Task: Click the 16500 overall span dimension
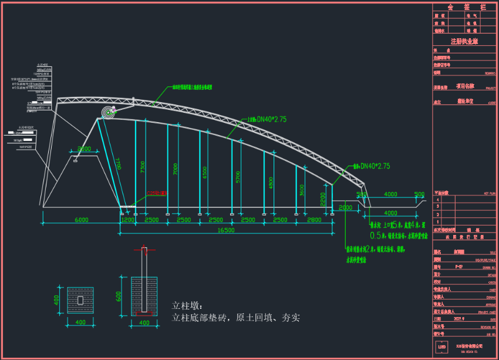(x=225, y=231)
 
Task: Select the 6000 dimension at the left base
(x=81, y=220)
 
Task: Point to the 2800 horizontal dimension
(x=315, y=220)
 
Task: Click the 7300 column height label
(x=143, y=167)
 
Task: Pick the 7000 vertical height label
(x=175, y=170)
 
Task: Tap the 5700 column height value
(x=237, y=177)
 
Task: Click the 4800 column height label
(x=270, y=183)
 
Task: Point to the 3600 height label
(x=302, y=190)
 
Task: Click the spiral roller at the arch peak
(x=108, y=113)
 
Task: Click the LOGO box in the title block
(x=441, y=347)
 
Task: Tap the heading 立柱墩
(x=186, y=305)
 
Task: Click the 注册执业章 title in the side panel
(x=464, y=42)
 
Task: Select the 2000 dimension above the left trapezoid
(x=85, y=149)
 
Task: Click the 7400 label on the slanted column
(x=118, y=163)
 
